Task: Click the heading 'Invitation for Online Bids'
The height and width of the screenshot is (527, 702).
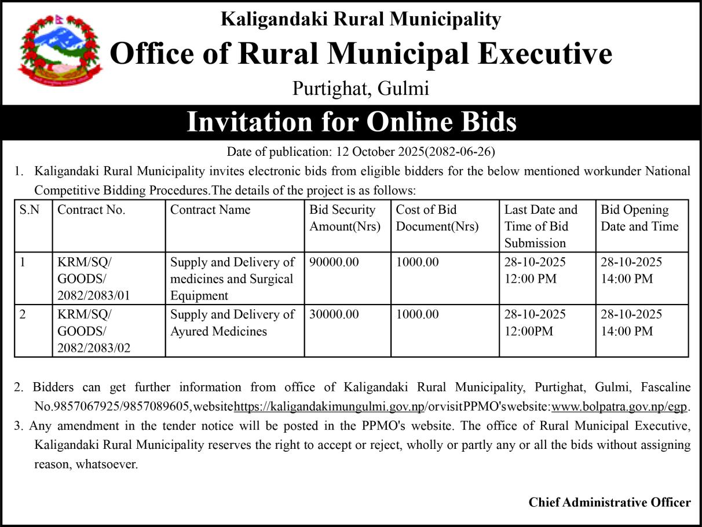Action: click(x=351, y=122)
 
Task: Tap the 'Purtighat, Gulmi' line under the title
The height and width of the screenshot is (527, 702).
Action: click(x=360, y=89)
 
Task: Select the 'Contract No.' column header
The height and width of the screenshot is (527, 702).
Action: click(x=92, y=210)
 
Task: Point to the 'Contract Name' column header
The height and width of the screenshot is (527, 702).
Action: click(x=210, y=210)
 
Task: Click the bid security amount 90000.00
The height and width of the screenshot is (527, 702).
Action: click(x=334, y=262)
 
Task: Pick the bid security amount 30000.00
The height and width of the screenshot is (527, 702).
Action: click(x=334, y=314)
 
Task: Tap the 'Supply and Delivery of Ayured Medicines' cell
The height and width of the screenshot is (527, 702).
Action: click(x=232, y=323)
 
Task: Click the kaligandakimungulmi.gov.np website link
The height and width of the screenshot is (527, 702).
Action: click(x=330, y=405)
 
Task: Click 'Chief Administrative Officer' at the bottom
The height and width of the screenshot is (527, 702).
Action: click(x=609, y=502)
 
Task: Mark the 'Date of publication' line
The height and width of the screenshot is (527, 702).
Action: click(x=361, y=152)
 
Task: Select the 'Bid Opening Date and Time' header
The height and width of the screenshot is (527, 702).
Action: click(x=639, y=218)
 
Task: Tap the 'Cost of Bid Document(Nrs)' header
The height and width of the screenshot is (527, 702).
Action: click(x=437, y=218)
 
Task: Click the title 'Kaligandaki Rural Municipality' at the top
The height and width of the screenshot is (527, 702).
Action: click(x=361, y=20)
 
